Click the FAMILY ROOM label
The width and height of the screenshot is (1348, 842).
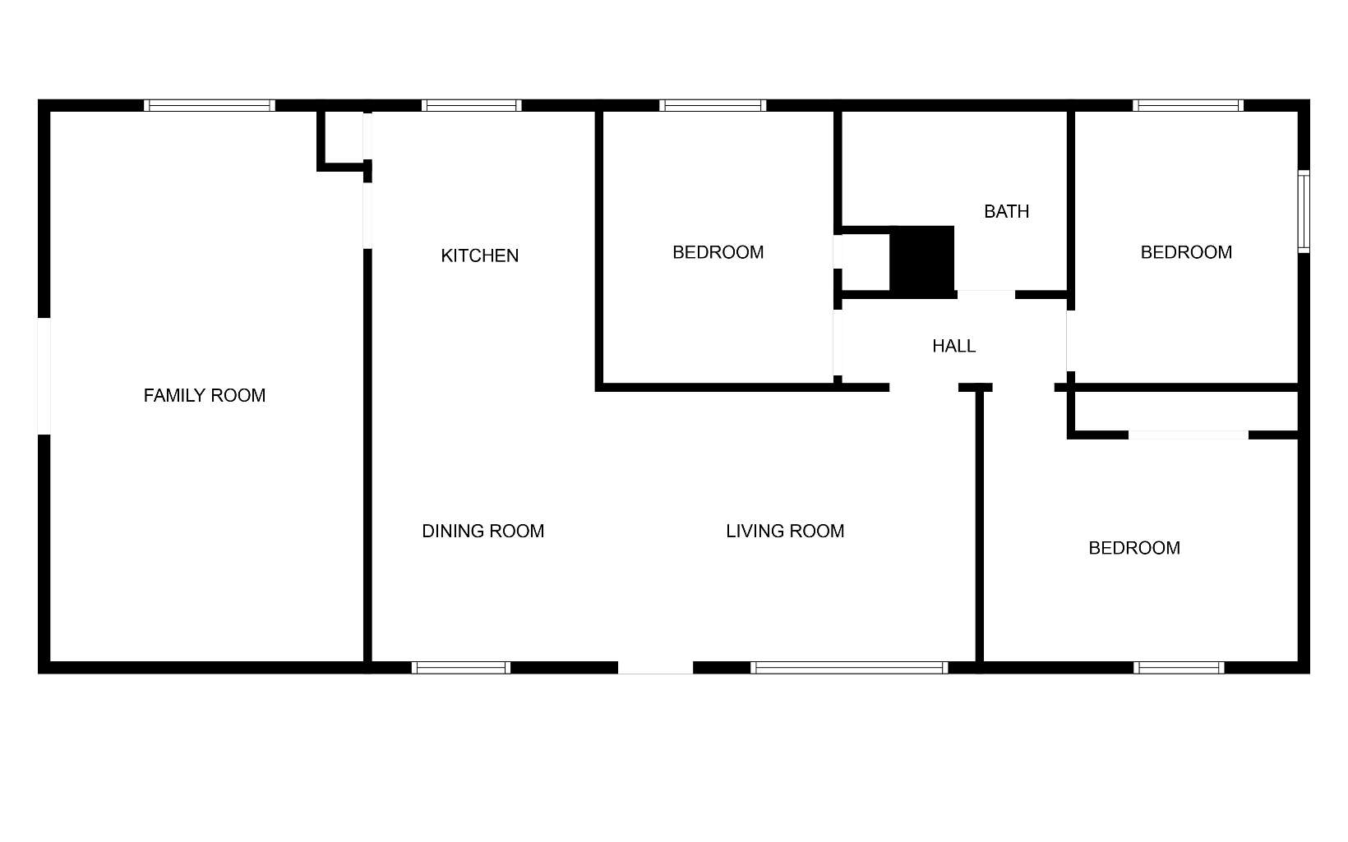pos(205,395)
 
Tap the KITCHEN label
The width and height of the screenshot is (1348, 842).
pos(480,255)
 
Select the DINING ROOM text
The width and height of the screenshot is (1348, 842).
pos(482,531)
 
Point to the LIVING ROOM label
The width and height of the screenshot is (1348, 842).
pos(785,531)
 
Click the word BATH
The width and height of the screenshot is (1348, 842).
pos(1006,211)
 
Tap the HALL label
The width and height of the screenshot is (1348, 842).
pos(953,346)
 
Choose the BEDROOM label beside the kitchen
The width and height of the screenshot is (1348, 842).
pos(718,252)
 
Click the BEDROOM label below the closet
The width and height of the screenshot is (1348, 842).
pos(1134,548)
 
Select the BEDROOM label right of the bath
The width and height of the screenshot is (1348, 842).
pos(1186,252)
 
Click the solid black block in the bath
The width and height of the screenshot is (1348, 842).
pos(922,261)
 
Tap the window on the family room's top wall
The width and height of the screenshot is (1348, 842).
pos(210,105)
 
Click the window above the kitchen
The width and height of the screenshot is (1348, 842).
pos(471,105)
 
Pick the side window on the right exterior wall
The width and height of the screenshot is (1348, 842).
pos(1304,212)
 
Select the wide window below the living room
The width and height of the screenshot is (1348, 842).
pos(849,668)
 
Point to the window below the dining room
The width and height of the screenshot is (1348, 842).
pos(461,668)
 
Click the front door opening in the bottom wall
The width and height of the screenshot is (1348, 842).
pos(655,668)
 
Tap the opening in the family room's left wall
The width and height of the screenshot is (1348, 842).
pos(44,376)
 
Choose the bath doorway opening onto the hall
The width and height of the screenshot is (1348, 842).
pos(986,295)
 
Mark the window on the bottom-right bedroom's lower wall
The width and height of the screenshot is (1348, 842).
pos(1179,668)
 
